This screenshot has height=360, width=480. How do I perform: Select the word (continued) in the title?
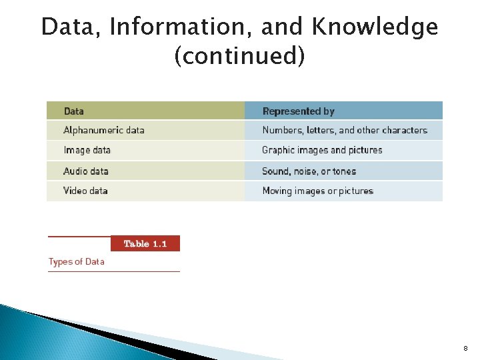pyautogui.click(x=239, y=57)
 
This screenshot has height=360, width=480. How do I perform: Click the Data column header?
pyautogui.click(x=74, y=111)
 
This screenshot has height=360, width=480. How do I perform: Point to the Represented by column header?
pyautogui.click(x=299, y=111)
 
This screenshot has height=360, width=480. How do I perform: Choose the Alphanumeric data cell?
pyautogui.click(x=104, y=131)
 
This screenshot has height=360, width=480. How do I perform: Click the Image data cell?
pyautogui.click(x=87, y=151)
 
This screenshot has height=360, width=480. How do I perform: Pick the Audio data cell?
pyautogui.click(x=86, y=171)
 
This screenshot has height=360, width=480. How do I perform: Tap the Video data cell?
pyautogui.click(x=86, y=191)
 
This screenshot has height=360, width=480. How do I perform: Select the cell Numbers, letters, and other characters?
pyautogui.click(x=345, y=131)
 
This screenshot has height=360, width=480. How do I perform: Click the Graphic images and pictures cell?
pyautogui.click(x=322, y=151)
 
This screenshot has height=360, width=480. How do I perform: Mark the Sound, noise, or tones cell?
pyautogui.click(x=309, y=171)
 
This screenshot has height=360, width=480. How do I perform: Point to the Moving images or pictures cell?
pyautogui.click(x=318, y=191)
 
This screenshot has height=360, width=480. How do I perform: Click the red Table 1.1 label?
pyautogui.click(x=145, y=244)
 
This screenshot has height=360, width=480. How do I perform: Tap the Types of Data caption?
pyautogui.click(x=77, y=262)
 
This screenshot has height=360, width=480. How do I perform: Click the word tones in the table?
pyautogui.click(x=345, y=171)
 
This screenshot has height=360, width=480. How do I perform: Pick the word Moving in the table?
pyautogui.click(x=277, y=191)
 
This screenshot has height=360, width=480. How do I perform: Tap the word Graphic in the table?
pyautogui.click(x=279, y=151)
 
